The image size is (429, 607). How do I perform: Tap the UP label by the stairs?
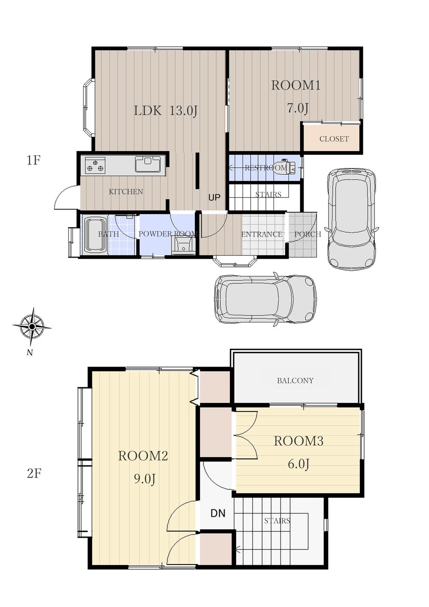coord(214,197)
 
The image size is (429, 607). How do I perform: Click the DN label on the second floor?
coord(218,513)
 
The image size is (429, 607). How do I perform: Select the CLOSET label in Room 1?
coord(334,139)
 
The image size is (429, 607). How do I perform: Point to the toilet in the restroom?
coord(286,166)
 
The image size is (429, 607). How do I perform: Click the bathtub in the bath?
coord(94,235)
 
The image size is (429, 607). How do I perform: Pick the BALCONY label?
coord(295,381)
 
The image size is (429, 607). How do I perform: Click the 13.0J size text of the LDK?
coord(183,111)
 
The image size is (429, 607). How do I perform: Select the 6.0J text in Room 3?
coord(298,464)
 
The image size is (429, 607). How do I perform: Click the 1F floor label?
coord(33,161)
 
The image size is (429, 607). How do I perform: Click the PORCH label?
coord(308,234)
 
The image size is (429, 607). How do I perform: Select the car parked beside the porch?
coord(352,219)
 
